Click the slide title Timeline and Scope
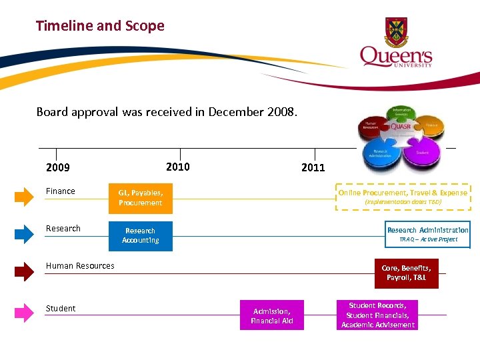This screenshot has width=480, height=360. (100, 26)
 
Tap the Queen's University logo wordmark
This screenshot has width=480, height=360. (396, 56)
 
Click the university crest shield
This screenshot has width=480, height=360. (396, 30)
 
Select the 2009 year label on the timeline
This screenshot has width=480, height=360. (58, 167)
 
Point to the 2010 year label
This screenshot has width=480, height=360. (177, 167)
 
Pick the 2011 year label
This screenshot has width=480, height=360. (313, 167)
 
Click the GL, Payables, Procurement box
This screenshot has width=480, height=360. (140, 197)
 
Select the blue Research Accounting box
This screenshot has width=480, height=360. (140, 235)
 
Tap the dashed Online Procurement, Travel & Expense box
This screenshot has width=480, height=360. (402, 197)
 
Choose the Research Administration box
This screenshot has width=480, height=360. (427, 234)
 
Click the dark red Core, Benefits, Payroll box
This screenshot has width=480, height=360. (406, 273)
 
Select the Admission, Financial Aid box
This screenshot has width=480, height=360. (271, 315)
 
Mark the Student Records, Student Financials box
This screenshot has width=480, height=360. (377, 315)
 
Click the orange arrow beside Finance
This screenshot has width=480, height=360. (24, 196)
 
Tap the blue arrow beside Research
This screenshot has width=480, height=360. (24, 233)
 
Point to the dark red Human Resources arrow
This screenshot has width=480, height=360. (24, 271)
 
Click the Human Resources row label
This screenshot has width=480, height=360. (80, 266)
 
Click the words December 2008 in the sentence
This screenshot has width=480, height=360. (253, 112)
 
